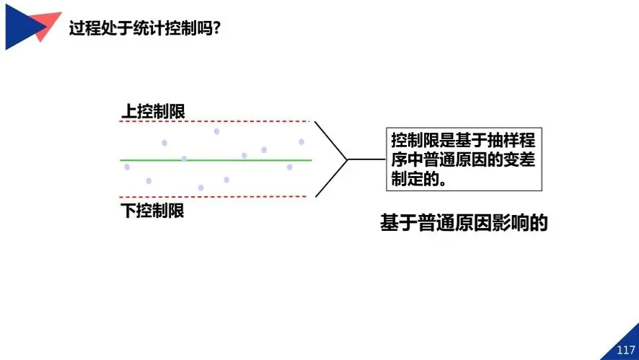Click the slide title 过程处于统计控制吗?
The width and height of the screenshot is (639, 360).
click(x=144, y=29)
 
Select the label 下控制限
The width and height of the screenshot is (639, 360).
click(x=152, y=211)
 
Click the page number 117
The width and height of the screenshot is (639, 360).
click(x=625, y=350)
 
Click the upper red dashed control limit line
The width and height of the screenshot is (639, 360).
click(x=216, y=121)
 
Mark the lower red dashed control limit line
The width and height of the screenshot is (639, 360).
click(x=216, y=196)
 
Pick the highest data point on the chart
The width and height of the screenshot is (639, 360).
click(x=216, y=131)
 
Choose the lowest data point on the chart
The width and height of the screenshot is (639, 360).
click(x=201, y=188)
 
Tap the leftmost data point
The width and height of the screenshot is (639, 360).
click(x=127, y=167)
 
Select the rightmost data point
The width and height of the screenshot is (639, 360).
click(x=301, y=141)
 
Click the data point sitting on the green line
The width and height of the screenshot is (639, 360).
click(x=184, y=159)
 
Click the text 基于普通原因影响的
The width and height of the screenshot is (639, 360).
click(x=464, y=223)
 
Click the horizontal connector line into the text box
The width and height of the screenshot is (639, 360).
click(x=366, y=159)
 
